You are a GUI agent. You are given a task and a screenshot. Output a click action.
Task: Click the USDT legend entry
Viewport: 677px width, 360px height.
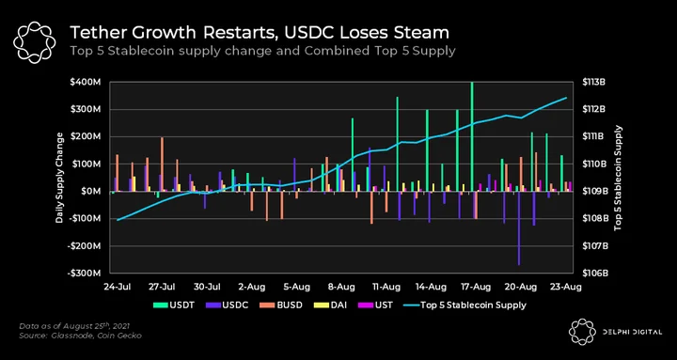point(174,305)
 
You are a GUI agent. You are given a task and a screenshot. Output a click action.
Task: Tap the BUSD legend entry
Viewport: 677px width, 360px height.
point(280,305)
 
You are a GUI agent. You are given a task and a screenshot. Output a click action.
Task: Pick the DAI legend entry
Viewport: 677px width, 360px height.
point(330,305)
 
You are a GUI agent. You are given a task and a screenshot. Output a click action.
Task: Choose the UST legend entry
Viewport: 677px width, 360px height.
point(375,305)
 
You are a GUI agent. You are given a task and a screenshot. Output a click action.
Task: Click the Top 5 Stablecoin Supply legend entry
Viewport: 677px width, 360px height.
point(464,305)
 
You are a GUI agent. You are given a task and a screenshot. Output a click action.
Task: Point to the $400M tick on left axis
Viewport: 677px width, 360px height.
point(85,82)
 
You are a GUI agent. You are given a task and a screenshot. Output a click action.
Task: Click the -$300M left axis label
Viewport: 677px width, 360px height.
point(85,274)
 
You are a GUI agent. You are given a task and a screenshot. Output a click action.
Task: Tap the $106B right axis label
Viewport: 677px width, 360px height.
point(594,274)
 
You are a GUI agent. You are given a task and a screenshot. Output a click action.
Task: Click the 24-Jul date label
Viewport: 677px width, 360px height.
point(118,287)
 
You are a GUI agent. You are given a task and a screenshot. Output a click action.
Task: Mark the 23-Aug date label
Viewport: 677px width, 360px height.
point(566,287)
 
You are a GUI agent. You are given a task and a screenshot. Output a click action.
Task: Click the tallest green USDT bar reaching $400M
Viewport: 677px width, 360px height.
point(472,136)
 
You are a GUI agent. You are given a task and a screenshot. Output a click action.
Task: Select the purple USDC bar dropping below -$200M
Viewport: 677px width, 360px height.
point(518,227)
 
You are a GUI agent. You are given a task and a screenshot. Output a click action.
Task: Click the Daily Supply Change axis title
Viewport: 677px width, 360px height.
point(59,178)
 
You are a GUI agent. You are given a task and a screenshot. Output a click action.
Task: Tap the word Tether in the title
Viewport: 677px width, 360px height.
point(96,33)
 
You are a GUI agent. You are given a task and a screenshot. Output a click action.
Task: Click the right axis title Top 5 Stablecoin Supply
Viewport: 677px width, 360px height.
point(618,178)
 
